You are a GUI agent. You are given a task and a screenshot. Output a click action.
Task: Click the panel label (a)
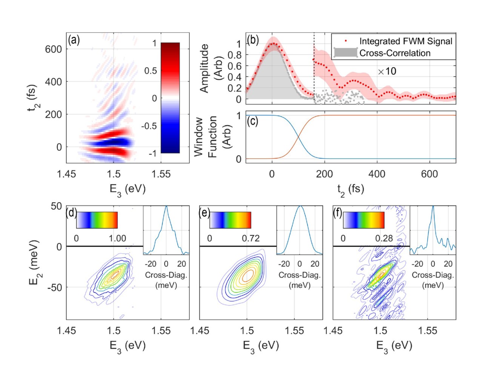tap(74, 40)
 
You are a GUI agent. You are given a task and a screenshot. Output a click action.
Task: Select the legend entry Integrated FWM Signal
tap(405, 41)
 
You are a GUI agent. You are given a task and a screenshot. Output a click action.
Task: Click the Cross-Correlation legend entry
tap(394, 53)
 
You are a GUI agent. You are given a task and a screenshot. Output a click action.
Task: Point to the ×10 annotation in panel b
tap(387, 71)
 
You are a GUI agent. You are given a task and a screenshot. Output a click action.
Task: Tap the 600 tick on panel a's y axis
tap(54, 49)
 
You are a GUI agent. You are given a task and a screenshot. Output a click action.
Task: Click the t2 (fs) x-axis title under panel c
tap(351, 189)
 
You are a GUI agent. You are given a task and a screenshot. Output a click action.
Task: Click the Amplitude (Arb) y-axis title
tap(210, 68)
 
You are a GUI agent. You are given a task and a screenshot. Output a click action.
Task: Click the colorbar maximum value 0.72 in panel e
tap(251, 238)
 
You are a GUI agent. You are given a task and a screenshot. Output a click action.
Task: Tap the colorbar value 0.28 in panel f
tap(384, 238)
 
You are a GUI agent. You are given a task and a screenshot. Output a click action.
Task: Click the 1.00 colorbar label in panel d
tap(117, 238)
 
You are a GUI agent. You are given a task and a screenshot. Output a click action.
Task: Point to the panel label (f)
tap(338, 213)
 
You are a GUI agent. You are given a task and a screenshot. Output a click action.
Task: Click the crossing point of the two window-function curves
tap(298, 137)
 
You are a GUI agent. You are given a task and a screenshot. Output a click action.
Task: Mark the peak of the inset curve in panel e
tap(300, 206)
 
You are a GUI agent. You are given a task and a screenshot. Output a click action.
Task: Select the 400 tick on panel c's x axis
tap(377, 174)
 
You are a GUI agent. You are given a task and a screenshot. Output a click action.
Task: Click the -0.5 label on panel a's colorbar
tap(149, 126)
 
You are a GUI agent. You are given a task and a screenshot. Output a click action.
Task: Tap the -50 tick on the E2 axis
tap(54, 287)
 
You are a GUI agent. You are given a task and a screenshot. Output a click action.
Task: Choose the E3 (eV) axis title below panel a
tap(128, 189)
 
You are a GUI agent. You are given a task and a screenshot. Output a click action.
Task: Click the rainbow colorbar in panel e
tap(230, 220)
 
